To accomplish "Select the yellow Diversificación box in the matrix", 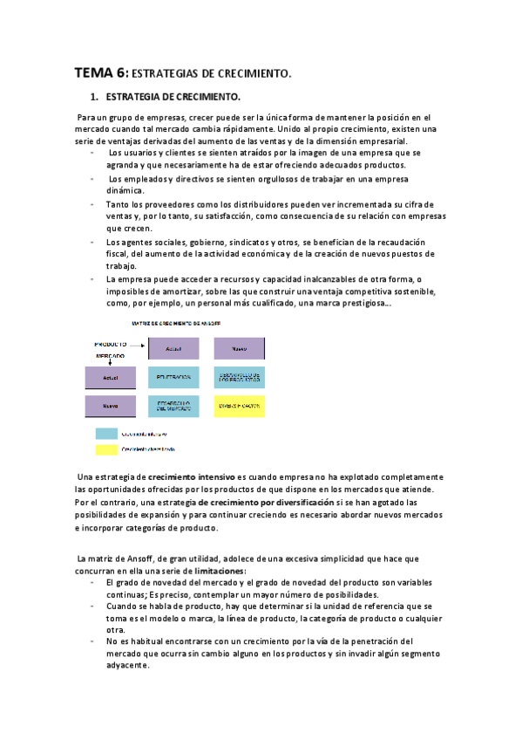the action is point(240,406).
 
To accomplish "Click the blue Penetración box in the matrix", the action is point(173,376).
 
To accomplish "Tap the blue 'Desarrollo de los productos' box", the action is point(240,376).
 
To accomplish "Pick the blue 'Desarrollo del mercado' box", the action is point(173,406).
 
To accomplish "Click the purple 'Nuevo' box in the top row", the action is point(240,348).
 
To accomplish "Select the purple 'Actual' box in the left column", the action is point(111,377).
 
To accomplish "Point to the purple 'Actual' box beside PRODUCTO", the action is point(173,348).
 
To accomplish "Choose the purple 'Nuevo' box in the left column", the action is point(111,406).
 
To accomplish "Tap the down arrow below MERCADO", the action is point(110,361).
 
